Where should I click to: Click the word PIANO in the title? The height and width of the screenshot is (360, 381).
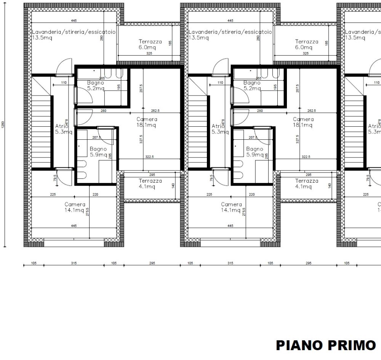pyautogui.click(x=298, y=346)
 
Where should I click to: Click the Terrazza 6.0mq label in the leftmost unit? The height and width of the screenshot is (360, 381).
pyautogui.click(x=150, y=45)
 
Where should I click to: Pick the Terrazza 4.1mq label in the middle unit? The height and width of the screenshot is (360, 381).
pyautogui.click(x=306, y=184)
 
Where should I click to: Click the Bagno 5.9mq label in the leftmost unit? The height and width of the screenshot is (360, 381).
pyautogui.click(x=98, y=152)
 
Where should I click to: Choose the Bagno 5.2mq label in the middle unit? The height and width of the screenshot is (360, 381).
pyautogui.click(x=251, y=86)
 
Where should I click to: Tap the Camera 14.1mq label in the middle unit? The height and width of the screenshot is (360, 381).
pyautogui.click(x=231, y=207)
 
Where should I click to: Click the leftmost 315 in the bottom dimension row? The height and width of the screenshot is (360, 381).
pyautogui.click(x=74, y=263)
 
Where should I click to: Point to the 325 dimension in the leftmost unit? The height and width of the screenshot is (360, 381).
pyautogui.click(x=149, y=54)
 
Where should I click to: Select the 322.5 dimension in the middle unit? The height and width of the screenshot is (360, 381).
pyautogui.click(x=306, y=156)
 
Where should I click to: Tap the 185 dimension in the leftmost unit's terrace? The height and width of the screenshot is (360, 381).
pyautogui.click(x=170, y=43)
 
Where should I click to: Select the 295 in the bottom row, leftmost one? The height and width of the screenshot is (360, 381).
pyautogui.click(x=152, y=263)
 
